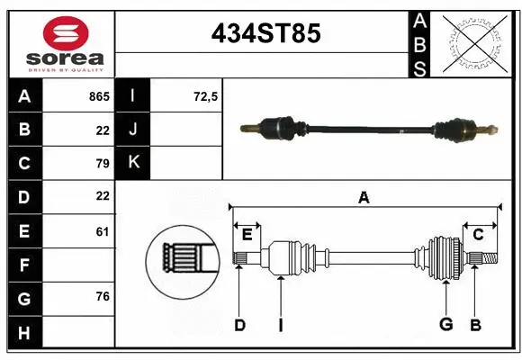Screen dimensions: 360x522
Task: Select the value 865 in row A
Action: click(x=98, y=96)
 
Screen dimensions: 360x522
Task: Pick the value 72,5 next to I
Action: click(x=206, y=96)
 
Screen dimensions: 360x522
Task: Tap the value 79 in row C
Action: click(x=102, y=163)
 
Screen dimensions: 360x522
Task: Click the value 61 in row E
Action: click(x=102, y=231)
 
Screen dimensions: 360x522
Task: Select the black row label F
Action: click(x=23, y=265)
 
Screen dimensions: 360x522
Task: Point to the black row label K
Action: click(x=133, y=163)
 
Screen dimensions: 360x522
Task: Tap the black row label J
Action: click(x=133, y=130)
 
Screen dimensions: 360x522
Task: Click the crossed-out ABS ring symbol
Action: click(x=473, y=42)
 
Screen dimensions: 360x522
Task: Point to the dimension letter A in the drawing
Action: click(x=364, y=198)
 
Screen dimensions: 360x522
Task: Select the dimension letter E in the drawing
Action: click(x=247, y=235)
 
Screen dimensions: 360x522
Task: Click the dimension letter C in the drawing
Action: click(x=479, y=235)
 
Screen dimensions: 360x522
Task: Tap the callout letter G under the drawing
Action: click(x=445, y=324)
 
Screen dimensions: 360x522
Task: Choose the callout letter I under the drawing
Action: click(x=281, y=325)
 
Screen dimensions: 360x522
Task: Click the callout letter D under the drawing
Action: click(x=239, y=325)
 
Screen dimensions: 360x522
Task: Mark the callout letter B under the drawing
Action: click(x=475, y=324)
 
